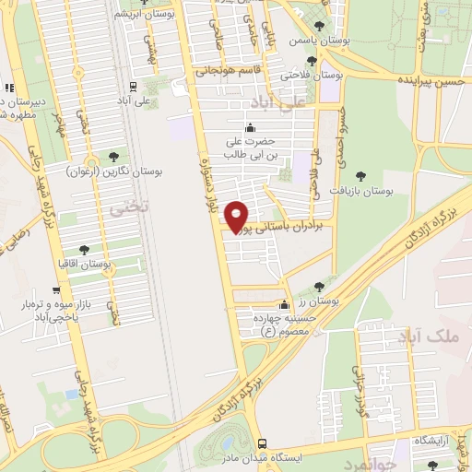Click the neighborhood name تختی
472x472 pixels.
119,211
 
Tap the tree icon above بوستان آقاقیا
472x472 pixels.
84,250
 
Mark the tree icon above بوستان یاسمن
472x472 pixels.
320,27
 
